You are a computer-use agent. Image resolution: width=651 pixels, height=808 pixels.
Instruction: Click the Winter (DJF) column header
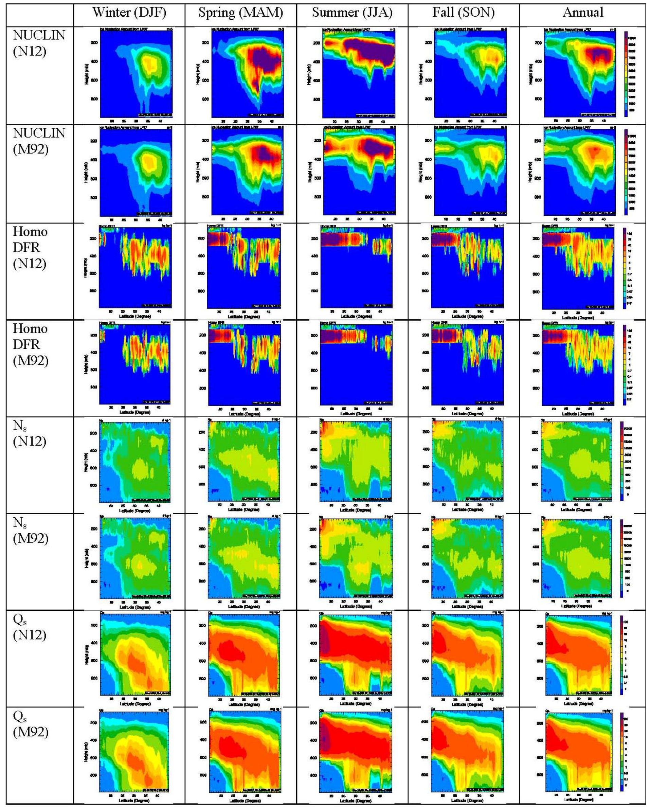(x=129, y=13)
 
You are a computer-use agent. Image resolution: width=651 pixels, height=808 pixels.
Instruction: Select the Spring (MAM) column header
(x=240, y=13)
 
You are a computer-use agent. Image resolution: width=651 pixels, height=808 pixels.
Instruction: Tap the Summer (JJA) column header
(x=352, y=13)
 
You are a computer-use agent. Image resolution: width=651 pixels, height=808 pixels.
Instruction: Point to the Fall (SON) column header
(x=464, y=13)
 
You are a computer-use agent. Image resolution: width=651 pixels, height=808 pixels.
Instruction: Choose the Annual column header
(x=583, y=13)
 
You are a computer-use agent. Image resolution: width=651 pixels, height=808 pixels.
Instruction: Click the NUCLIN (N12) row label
(x=39, y=43)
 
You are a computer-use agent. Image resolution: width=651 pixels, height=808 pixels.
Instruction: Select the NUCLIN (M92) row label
(x=39, y=141)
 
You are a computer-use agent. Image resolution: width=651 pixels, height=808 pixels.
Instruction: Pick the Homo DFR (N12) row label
(x=30, y=248)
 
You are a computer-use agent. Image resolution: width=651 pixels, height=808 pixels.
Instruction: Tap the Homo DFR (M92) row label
(x=30, y=344)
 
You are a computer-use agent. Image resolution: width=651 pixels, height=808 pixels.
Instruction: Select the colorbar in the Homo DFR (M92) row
(x=625, y=365)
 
